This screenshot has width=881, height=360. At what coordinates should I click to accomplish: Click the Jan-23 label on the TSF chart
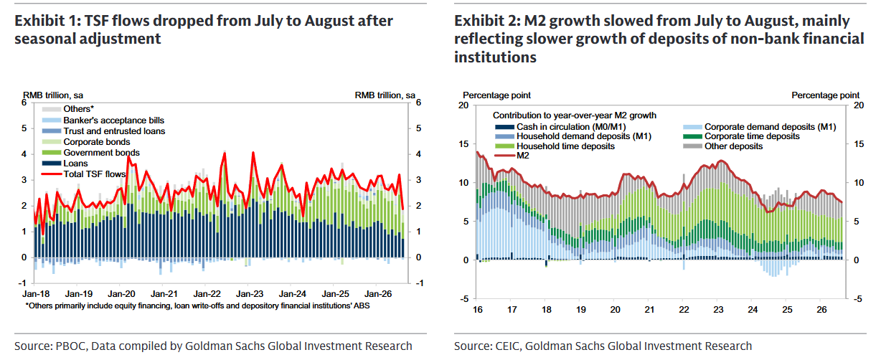[250, 294]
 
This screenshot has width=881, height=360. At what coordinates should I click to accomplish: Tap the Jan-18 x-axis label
[36, 294]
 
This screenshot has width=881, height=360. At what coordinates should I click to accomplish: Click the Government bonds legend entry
[91, 153]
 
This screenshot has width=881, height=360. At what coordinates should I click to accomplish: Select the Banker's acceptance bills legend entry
[103, 120]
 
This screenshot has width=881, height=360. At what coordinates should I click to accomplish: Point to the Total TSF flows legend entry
[84, 174]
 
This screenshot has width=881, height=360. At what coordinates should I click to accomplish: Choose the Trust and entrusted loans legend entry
[103, 131]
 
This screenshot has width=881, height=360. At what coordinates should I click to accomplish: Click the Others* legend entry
[68, 109]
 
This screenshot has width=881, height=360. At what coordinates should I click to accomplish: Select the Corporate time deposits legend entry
[741, 136]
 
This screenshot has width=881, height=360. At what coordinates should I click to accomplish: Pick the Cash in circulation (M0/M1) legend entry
[560, 127]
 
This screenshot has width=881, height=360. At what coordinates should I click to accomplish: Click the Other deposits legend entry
[723, 146]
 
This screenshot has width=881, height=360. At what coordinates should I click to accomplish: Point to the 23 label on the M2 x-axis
[718, 310]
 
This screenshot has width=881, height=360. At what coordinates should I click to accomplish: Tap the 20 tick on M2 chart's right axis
[859, 105]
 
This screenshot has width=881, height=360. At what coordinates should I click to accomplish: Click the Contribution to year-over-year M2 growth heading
[575, 115]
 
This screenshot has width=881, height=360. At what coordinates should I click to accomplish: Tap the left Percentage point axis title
[496, 95]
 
